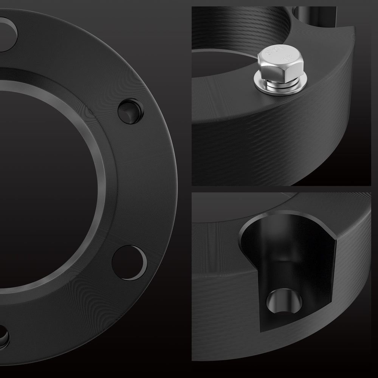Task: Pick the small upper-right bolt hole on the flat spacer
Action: (x=130, y=111)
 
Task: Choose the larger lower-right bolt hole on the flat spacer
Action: (x=129, y=262)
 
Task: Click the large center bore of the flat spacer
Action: (x=42, y=185)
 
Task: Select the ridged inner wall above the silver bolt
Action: (x=242, y=30)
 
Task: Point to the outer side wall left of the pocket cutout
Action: (x=219, y=287)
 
